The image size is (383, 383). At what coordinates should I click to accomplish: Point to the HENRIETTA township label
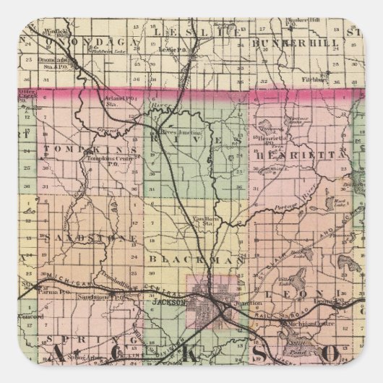pyautogui.click(x=294, y=153)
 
